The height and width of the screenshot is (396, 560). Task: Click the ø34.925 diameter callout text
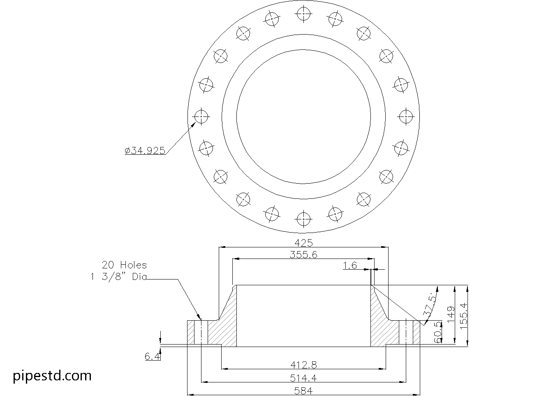tap(145, 151)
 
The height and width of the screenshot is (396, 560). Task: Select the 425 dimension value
tap(303, 242)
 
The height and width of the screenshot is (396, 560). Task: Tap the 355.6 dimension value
tap(303, 254)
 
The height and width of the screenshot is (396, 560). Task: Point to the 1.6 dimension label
tap(350, 266)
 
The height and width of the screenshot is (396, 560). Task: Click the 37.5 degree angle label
tap(430, 305)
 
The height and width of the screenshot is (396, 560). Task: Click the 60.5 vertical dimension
tap(437, 332)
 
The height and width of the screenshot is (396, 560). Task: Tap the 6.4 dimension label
tap(152, 356)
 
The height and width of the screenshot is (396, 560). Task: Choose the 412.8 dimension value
tap(303, 364)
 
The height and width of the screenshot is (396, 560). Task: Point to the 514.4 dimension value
tap(303, 378)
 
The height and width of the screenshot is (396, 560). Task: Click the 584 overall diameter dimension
tap(303, 391)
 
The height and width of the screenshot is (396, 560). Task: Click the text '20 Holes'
tap(124, 265)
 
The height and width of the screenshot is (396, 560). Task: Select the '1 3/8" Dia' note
tap(119, 277)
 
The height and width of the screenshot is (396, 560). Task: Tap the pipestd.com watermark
tap(52, 375)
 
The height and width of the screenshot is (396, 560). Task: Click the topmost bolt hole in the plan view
tap(303, 14)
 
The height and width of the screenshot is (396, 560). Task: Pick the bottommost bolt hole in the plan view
tap(303, 219)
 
